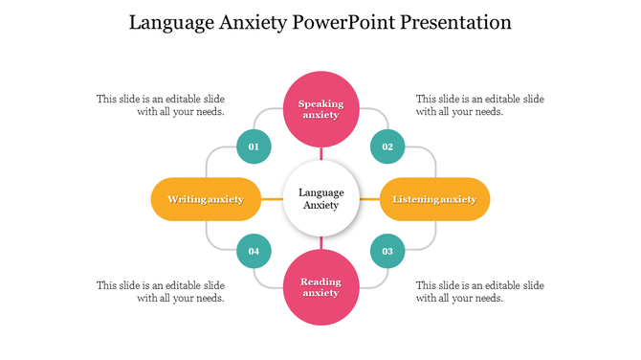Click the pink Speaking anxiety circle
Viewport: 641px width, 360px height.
pos(321,108)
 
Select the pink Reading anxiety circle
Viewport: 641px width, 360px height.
pos(321,287)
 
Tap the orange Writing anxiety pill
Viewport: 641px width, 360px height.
pos(206,199)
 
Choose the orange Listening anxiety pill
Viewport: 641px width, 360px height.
pos(434,199)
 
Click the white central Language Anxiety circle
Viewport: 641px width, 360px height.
pos(320,198)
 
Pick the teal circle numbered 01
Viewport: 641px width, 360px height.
pos(254,146)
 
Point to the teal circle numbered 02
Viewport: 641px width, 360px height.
pos(387,146)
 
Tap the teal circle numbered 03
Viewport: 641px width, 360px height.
pos(387,251)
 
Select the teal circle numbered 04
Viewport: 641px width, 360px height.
pos(254,251)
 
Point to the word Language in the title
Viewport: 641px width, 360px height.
pos(169,22)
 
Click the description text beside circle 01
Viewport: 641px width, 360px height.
pos(161,105)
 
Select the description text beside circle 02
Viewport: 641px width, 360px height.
pos(480,105)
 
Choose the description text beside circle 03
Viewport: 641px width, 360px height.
pos(480,291)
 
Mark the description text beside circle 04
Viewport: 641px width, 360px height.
pos(161,291)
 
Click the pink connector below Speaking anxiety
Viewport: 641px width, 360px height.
pos(321,153)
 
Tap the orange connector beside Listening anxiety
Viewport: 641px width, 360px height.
pos(369,199)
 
